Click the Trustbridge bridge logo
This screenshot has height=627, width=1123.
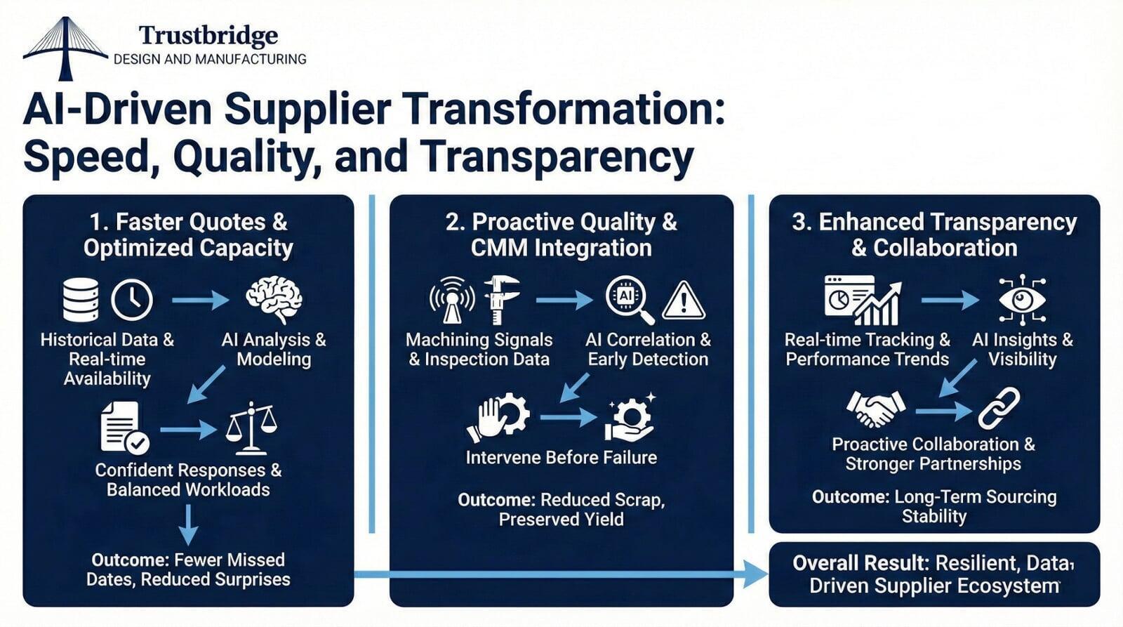(65, 48)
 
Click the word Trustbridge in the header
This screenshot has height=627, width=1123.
(208, 35)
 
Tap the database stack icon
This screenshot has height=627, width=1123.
(80, 300)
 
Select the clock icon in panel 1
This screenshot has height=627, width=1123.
(132, 300)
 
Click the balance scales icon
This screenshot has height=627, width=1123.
(251, 428)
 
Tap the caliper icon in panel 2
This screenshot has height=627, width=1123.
(501, 300)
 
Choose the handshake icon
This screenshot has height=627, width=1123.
(875, 408)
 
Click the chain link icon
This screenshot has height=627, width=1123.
(999, 408)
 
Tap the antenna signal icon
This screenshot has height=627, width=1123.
(451, 300)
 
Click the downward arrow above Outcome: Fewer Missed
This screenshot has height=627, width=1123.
(188, 524)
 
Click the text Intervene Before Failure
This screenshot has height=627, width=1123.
(561, 458)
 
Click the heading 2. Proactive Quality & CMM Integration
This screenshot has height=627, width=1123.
(561, 235)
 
